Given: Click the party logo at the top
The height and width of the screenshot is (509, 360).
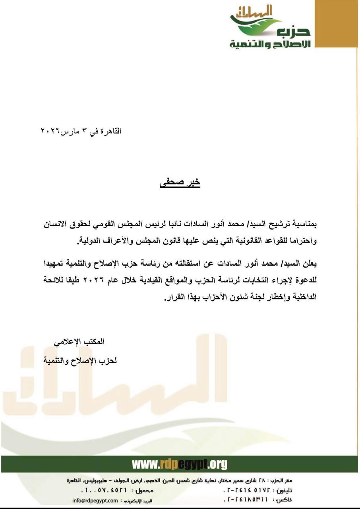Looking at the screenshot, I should pyautogui.click(x=270, y=27).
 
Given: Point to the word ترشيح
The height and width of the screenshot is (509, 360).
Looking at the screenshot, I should pyautogui.click(x=275, y=225).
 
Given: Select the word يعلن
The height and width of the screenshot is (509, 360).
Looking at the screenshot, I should pyautogui.click(x=310, y=264).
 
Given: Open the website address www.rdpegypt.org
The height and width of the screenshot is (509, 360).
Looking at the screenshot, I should pyautogui.click(x=180, y=464).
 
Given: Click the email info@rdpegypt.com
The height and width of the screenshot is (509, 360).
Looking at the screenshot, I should pyautogui.click(x=95, y=501).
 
